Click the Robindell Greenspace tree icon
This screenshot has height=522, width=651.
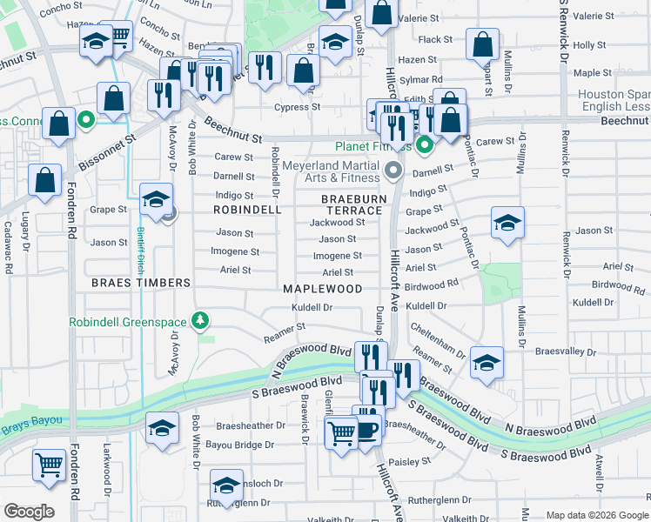pos(201,322)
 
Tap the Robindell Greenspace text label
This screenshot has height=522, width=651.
pos(130,322)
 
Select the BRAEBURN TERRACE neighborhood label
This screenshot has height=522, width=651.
pos(352,204)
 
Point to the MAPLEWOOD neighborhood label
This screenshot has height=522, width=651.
pos(322,288)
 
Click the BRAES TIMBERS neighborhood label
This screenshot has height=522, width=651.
pos(140,283)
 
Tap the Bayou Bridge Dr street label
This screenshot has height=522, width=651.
pos(232,445)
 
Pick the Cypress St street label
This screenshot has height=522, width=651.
pos(298,107)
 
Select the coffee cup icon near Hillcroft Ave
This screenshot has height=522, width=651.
pos(367,428)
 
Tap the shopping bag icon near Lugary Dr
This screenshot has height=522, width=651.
pos(44,180)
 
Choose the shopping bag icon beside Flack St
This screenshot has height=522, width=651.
pos(481,44)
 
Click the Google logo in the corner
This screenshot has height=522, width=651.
pos(28,512)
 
